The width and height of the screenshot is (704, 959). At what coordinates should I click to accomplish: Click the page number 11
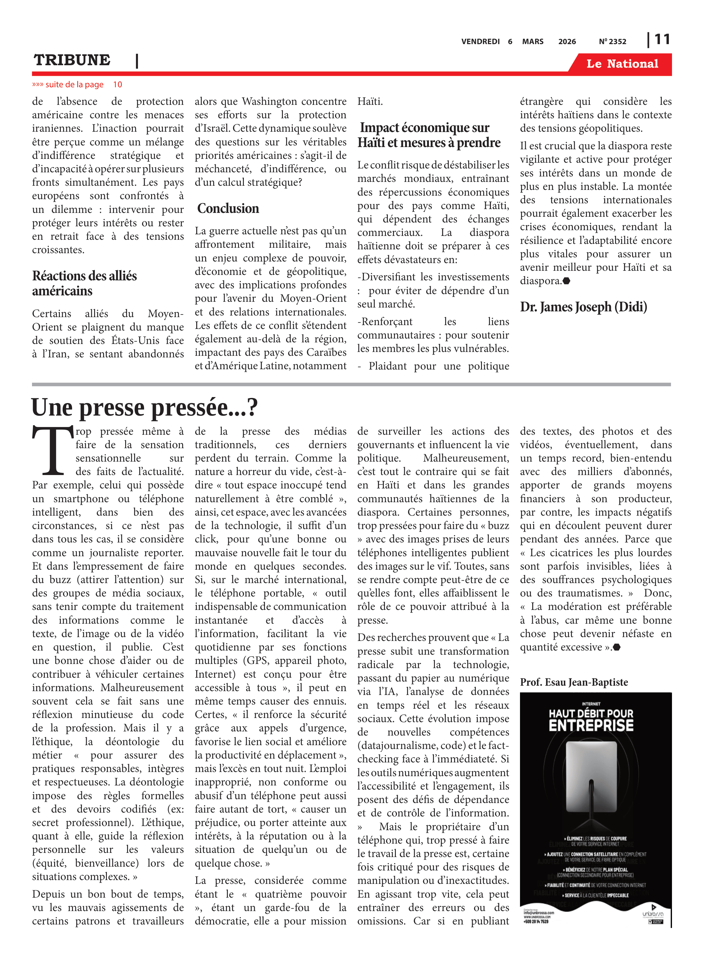click(662, 40)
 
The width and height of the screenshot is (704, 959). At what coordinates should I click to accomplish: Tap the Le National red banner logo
click(622, 64)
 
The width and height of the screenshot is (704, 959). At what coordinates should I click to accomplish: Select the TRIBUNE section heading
click(72, 60)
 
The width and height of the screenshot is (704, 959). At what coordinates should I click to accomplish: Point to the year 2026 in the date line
click(567, 42)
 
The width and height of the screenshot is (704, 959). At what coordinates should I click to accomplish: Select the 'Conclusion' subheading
click(228, 208)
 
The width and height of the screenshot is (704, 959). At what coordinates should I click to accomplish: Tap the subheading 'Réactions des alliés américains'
click(84, 283)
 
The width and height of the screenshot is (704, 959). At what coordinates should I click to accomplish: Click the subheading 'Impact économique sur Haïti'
click(429, 135)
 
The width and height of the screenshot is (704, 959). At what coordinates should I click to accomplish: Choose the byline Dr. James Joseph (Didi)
click(583, 307)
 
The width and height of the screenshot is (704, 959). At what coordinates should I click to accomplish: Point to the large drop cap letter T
click(53, 450)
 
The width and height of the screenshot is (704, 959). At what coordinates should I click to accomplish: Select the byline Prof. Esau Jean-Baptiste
click(573, 682)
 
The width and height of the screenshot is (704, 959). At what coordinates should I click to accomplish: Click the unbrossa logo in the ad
click(653, 914)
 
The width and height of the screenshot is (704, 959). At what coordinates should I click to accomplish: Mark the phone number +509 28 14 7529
click(536, 922)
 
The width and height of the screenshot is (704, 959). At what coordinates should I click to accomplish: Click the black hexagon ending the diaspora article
click(566, 281)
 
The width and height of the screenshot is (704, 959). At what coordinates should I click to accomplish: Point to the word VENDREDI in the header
click(480, 42)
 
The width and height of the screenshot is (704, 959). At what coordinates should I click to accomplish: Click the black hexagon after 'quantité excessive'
click(616, 647)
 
